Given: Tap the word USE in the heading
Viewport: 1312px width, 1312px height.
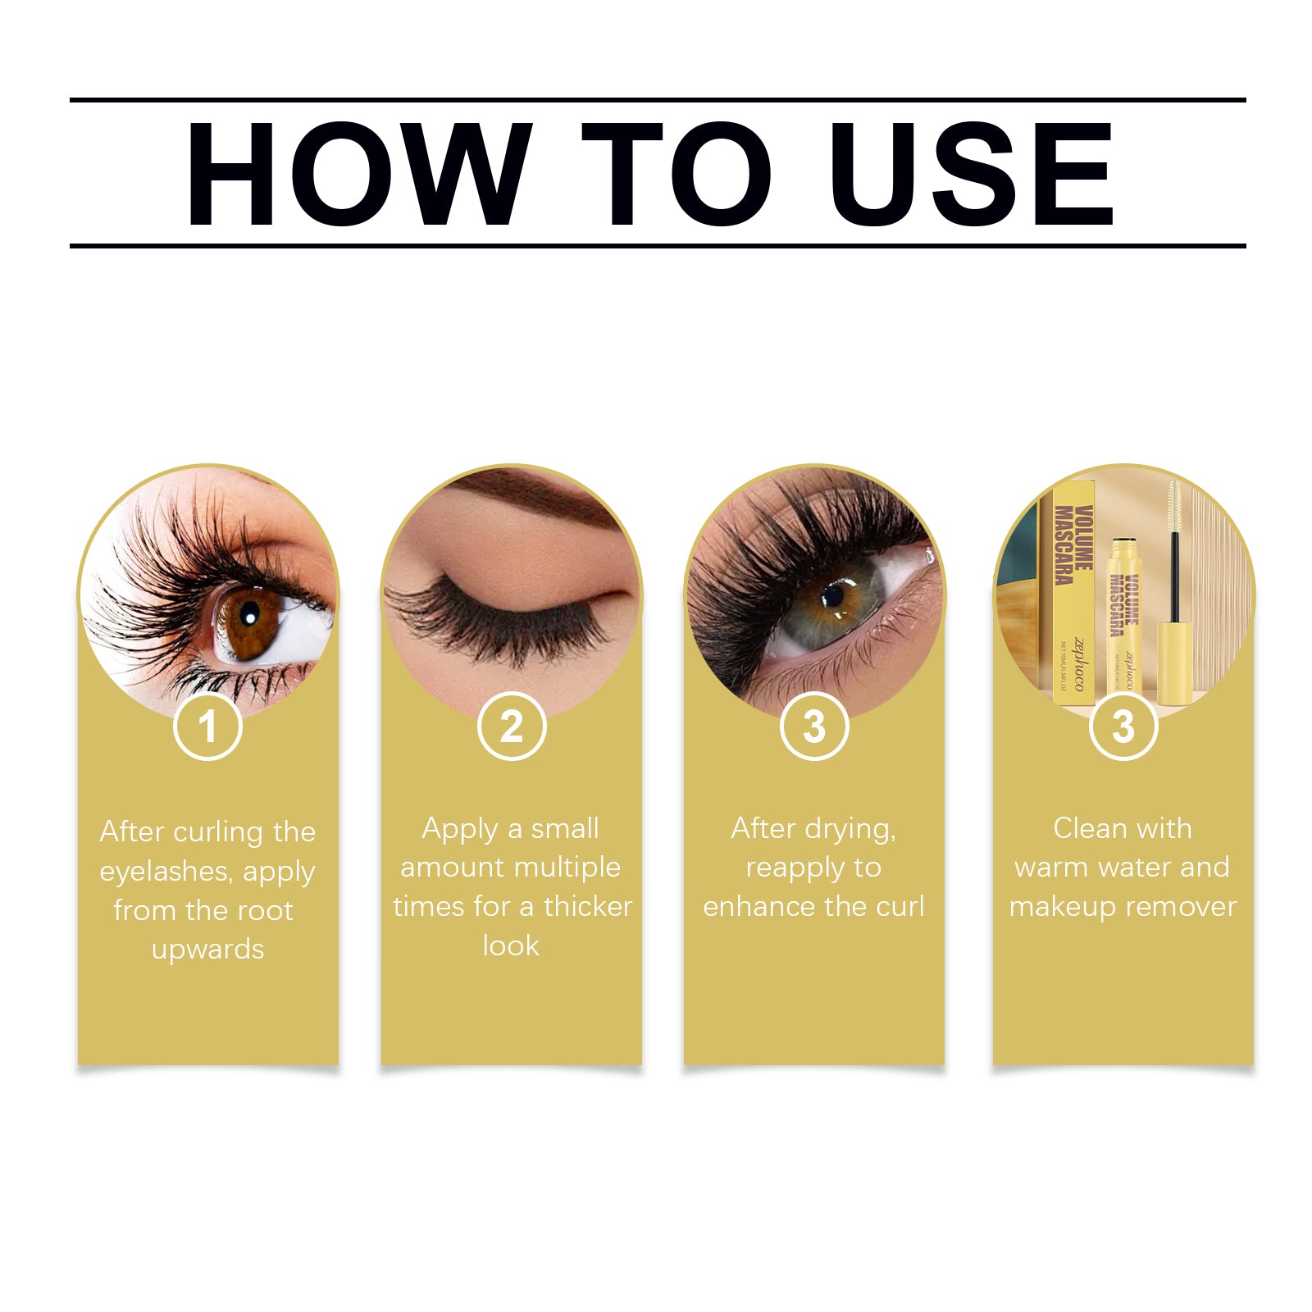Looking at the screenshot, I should pos(971,173).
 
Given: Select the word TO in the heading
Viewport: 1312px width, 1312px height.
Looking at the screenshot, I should pos(676,173).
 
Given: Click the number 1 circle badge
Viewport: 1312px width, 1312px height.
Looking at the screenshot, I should pos(207,727).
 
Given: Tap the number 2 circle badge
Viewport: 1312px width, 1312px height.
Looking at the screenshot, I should pos(512,727).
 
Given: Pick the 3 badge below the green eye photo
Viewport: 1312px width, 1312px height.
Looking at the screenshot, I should pos(814,727).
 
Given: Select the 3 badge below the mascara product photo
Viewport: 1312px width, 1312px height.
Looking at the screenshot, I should pos(1123,727).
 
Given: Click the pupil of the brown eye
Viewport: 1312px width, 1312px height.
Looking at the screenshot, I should pos(249,617).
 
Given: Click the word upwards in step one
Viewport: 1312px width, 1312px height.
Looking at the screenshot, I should pos(207,950).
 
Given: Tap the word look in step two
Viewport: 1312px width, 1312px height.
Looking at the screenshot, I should pos(511,946).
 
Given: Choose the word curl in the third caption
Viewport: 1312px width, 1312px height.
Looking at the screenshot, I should pos(900,907).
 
